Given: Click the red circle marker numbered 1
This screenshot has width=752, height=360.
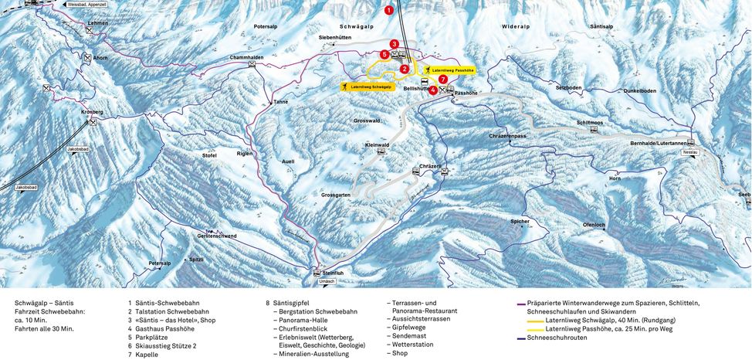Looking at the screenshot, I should (389, 10).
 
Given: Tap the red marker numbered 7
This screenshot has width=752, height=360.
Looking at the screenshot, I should (442, 79).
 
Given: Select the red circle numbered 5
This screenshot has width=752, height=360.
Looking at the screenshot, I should (384, 54).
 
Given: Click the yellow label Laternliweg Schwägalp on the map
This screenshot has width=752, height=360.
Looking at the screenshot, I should (367, 87).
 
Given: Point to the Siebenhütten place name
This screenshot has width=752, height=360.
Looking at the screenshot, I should (335, 37).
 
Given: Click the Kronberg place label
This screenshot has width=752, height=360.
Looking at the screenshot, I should (91, 112).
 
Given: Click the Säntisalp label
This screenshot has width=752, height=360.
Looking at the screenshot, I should (601, 26).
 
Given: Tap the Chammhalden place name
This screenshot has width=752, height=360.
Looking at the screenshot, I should (246, 57).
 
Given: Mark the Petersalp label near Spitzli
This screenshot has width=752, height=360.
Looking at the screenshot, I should (160, 263).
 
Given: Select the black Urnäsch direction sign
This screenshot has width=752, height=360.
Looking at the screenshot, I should (327, 281).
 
